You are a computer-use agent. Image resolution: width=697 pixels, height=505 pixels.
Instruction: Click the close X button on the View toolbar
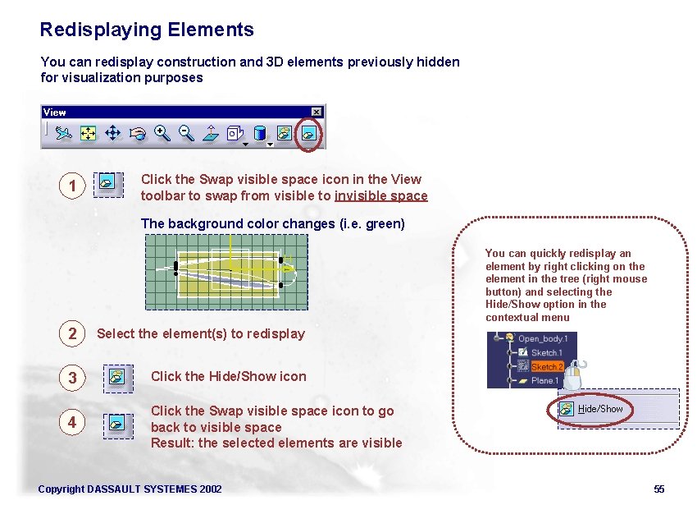(317, 112)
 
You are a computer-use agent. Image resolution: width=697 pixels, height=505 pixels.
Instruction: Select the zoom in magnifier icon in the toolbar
(162, 132)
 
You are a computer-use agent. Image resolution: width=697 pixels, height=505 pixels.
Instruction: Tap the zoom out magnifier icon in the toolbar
(186, 132)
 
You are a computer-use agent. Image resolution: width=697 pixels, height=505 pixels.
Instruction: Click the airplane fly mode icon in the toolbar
(66, 132)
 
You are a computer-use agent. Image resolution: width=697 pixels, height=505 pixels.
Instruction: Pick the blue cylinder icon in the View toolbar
(260, 132)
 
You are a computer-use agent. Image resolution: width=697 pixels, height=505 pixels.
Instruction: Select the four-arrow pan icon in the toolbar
(113, 132)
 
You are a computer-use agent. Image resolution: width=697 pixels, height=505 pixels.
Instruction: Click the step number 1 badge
(72, 186)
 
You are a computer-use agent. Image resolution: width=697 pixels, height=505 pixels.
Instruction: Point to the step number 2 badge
(72, 333)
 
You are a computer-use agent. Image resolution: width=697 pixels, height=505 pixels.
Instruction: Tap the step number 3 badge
(72, 378)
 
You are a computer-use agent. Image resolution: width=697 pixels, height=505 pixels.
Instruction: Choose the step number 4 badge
(72, 422)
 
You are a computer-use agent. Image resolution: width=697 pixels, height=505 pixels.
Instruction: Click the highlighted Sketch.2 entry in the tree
(546, 367)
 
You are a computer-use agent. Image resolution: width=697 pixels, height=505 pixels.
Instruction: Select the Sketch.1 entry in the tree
(546, 353)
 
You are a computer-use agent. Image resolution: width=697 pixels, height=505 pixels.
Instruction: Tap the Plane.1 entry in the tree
(544, 381)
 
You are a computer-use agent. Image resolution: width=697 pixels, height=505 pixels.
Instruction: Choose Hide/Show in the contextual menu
(600, 409)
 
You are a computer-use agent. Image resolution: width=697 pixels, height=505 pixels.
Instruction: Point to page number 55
(658, 489)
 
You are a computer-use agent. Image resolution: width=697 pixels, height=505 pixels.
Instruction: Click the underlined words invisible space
(381, 195)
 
